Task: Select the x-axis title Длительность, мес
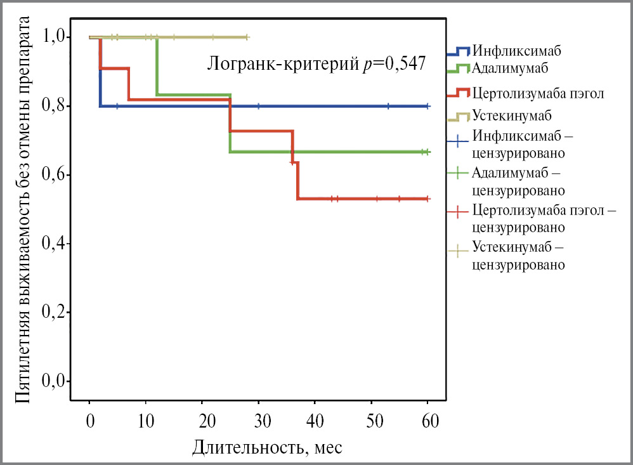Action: pos(268,447)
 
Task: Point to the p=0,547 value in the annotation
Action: pos(393,63)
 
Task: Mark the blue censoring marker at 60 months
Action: pos(428,106)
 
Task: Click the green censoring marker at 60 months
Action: pos(428,152)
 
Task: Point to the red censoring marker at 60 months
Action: pos(428,199)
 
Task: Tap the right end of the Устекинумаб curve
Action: pos(247,37)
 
